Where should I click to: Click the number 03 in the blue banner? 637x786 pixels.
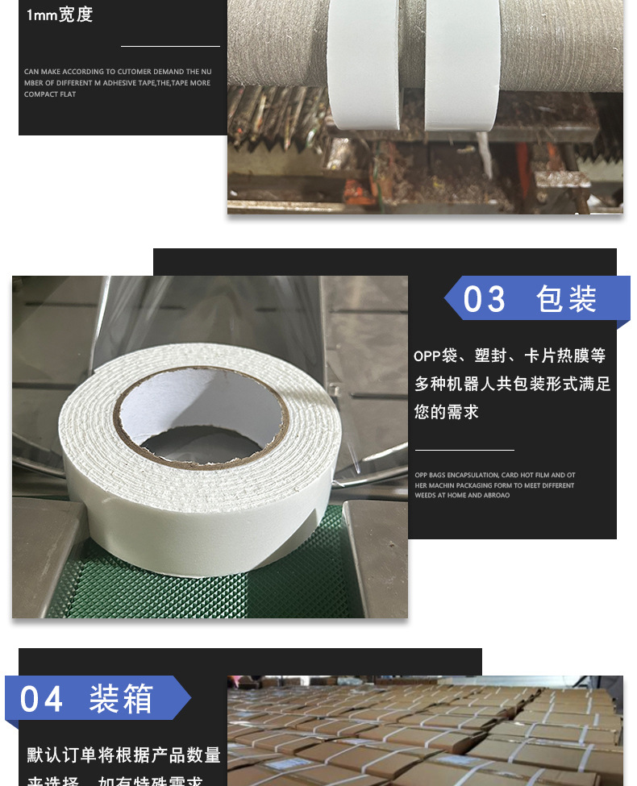pyautogui.click(x=485, y=300)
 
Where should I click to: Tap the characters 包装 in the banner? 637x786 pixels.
pyautogui.click(x=567, y=300)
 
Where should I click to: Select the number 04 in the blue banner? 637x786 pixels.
pyautogui.click(x=41, y=698)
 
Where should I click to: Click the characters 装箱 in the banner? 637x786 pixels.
pyautogui.click(x=121, y=698)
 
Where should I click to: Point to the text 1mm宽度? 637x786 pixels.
pyautogui.click(x=60, y=15)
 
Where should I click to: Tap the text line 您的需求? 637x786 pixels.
pyautogui.click(x=447, y=412)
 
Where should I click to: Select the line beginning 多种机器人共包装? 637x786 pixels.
pyautogui.click(x=513, y=384)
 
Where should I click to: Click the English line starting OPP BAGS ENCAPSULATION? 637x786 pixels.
pyautogui.click(x=495, y=476)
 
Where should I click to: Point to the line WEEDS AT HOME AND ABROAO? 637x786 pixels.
pyautogui.click(x=462, y=495)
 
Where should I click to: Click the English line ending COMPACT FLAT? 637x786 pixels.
pyautogui.click(x=50, y=94)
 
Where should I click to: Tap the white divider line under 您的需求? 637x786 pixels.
pyautogui.click(x=464, y=450)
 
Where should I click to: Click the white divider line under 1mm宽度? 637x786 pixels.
pyautogui.click(x=170, y=47)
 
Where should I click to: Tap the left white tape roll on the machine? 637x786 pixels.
pyautogui.click(x=363, y=69)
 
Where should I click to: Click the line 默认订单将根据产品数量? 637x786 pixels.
pyautogui.click(x=124, y=755)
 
